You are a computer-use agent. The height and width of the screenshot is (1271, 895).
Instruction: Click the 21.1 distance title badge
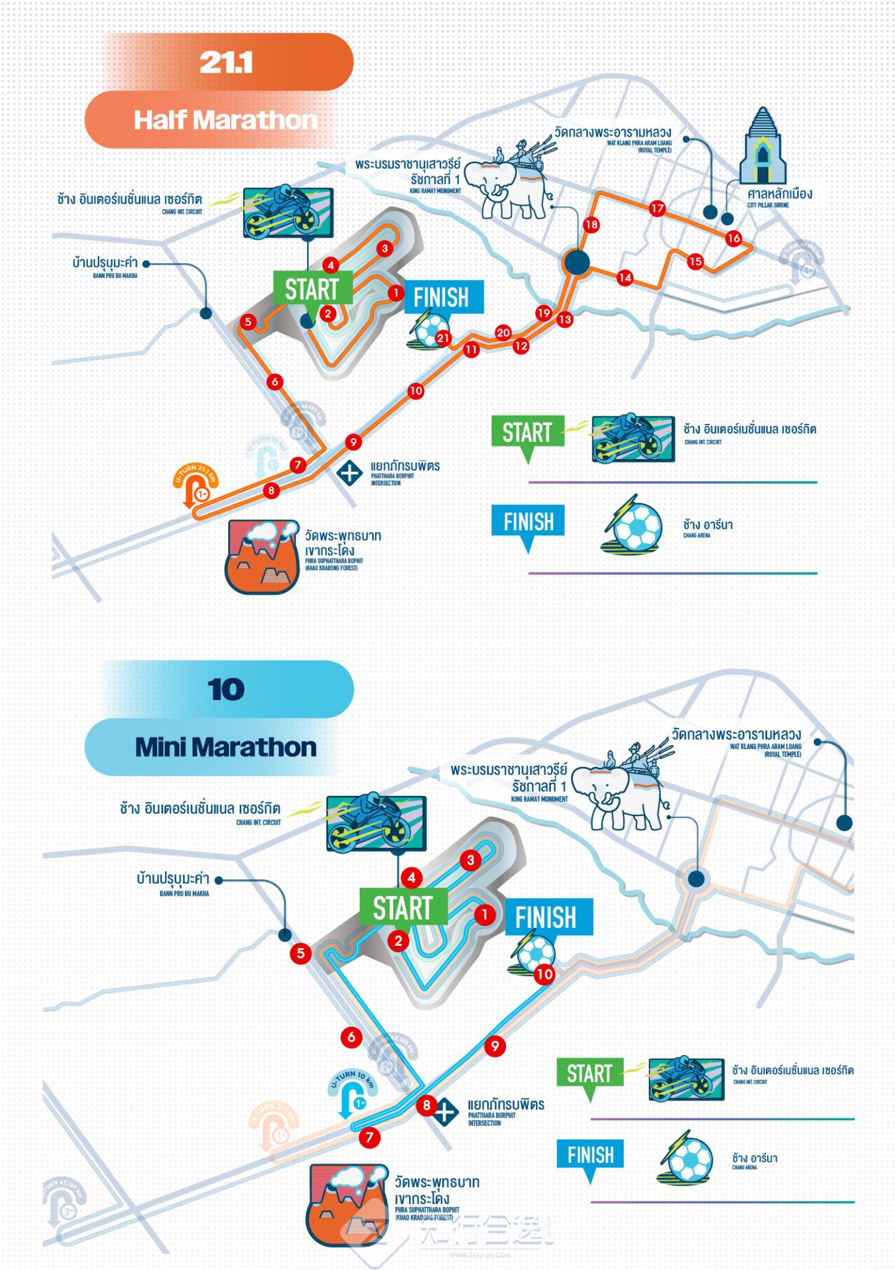coord(227,63)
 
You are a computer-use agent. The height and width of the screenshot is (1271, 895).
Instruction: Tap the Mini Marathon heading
coord(226,747)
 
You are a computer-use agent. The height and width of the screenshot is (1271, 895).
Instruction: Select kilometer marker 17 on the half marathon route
coord(657,209)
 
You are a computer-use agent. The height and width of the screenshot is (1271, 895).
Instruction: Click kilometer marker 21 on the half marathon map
coord(443,338)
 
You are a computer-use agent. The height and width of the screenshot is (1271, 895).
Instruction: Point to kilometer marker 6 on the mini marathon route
coord(351,1036)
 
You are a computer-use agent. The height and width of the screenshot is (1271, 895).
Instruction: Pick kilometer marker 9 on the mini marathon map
coord(494,1046)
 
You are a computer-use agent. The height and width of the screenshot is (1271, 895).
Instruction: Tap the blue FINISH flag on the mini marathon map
coord(546,917)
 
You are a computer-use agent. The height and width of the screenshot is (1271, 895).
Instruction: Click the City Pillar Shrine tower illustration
coord(762,146)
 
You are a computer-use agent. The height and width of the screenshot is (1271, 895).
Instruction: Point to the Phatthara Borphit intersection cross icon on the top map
coord(349,473)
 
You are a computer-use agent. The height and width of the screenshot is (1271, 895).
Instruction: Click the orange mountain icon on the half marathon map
coord(262,556)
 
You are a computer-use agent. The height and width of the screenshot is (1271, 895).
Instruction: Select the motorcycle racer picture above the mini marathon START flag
coord(376,822)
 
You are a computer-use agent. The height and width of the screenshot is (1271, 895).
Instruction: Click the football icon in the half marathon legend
coord(632,528)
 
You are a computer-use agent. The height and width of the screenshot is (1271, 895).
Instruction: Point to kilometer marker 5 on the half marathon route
coord(248,321)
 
